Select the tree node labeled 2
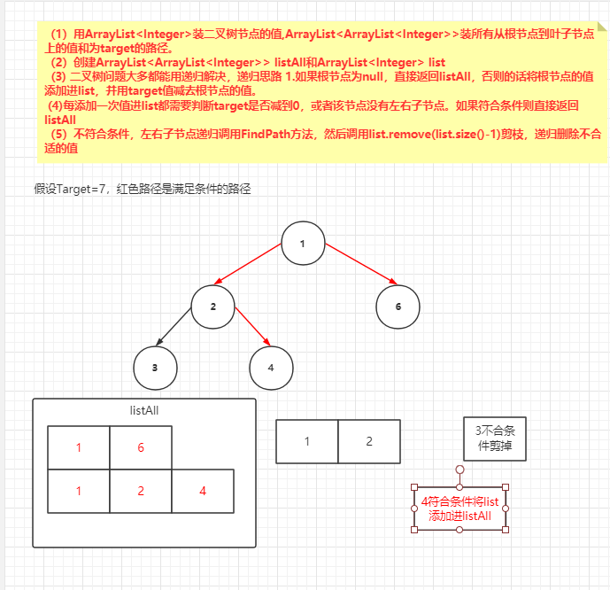click(x=212, y=307)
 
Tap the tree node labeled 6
click(x=398, y=307)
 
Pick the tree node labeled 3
click(x=154, y=366)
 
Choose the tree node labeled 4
click(x=271, y=366)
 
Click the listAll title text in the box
click(x=143, y=411)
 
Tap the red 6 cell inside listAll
click(x=141, y=448)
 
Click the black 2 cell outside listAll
click(x=369, y=441)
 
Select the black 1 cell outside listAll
click(x=307, y=441)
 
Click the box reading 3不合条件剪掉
click(x=495, y=439)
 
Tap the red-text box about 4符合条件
click(x=459, y=508)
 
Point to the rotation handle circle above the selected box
click(x=459, y=469)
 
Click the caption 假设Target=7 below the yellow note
click(x=142, y=189)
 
